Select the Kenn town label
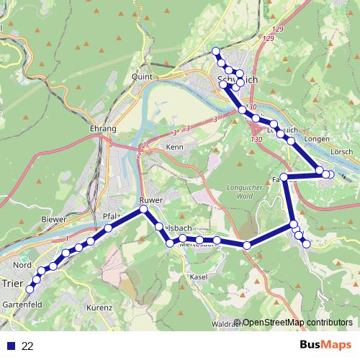175,147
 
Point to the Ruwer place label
153,199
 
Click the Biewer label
54,219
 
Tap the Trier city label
12,283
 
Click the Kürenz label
102,307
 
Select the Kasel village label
198,276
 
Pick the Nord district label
22,265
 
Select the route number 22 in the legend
27,346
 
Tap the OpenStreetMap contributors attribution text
297,323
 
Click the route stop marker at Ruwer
143,210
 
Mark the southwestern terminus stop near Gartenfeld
30,289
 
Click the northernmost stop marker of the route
215,50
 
